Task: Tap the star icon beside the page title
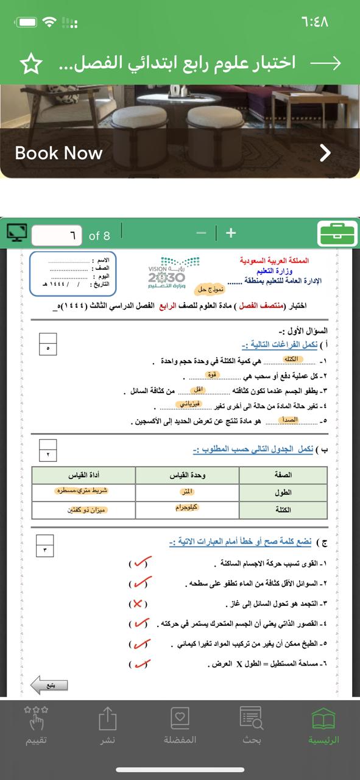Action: coord(31,63)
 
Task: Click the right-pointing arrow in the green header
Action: coord(325,63)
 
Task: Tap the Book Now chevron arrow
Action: coord(325,152)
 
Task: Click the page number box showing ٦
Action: coord(57,235)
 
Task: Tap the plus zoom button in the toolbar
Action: coord(231,233)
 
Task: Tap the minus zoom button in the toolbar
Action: coord(202,233)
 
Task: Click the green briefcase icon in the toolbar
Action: coord(337,233)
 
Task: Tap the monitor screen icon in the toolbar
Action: coord(17,233)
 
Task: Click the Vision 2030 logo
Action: coord(167,272)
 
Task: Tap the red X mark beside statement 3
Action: coord(138,604)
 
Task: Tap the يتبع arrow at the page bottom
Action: coord(49,684)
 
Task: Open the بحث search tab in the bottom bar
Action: coord(252,725)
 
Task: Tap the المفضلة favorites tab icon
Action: coord(180,725)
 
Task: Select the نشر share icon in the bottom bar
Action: coord(108,725)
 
